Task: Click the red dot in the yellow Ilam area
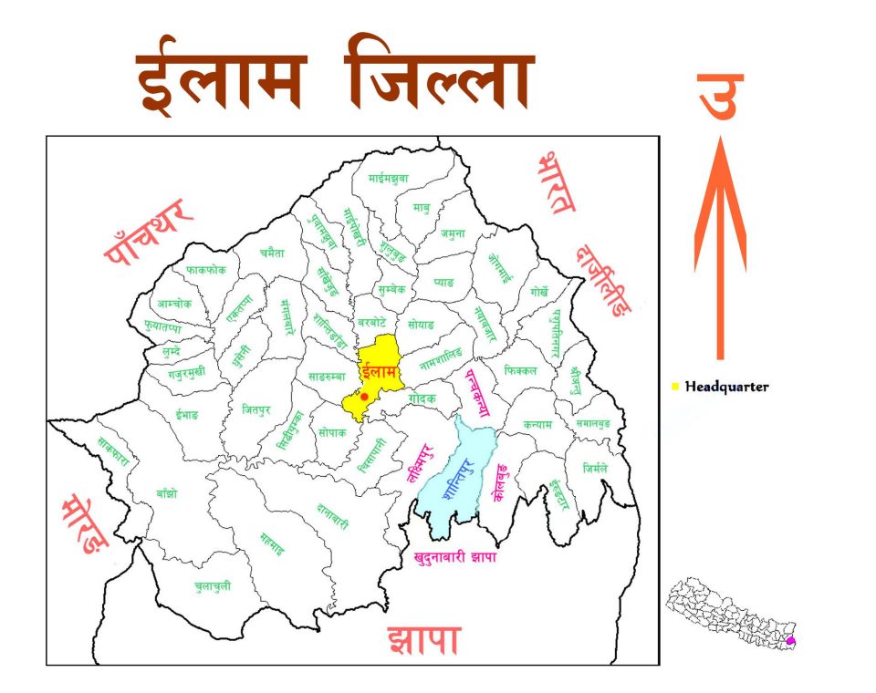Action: pos(364,397)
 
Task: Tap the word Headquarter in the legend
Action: pos(726,387)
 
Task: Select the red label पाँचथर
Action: pos(150,232)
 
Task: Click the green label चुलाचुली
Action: pos(213,585)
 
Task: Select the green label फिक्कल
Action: pos(519,371)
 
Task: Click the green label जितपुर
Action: pos(257,410)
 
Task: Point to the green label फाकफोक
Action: pos(205,270)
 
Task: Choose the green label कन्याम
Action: pos(538,424)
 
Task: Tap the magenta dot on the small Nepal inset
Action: pos(790,641)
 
